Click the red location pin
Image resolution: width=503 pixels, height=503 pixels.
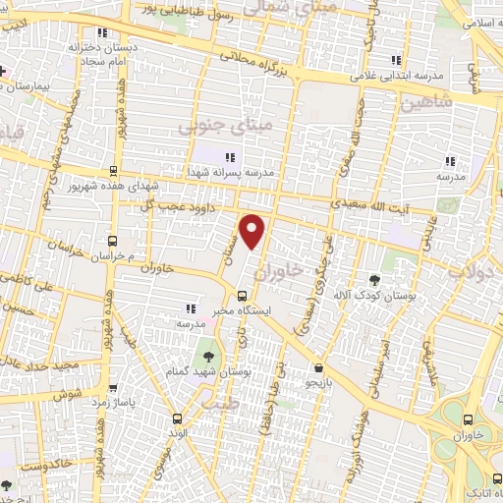tap(253, 231)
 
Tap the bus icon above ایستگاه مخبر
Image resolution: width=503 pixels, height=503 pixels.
tap(243, 296)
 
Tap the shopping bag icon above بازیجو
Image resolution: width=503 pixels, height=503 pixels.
tap(316, 367)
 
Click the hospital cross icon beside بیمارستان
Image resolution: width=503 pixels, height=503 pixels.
tap(4, 72)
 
